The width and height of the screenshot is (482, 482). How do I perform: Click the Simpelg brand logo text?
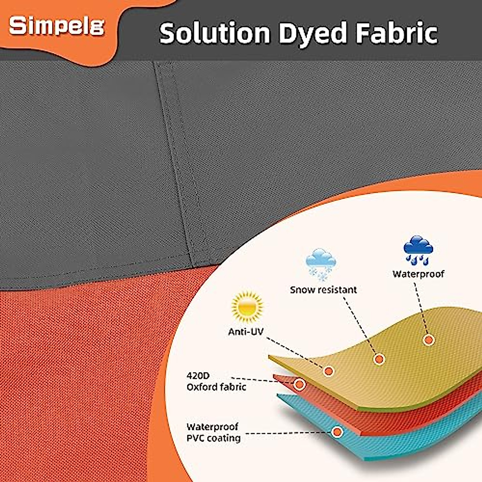(x=57, y=26)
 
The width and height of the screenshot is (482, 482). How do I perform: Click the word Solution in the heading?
(x=215, y=33)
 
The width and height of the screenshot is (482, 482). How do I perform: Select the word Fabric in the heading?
(x=396, y=33)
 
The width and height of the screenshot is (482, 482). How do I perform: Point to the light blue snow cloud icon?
(x=321, y=264)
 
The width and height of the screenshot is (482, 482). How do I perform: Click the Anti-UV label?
(x=246, y=332)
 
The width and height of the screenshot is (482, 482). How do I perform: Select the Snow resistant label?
(x=323, y=290)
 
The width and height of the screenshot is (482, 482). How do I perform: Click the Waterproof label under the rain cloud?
(x=418, y=274)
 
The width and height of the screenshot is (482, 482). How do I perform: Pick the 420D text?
(x=198, y=376)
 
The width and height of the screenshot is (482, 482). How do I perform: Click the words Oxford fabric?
(x=216, y=387)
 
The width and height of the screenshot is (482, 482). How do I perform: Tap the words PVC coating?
(x=214, y=438)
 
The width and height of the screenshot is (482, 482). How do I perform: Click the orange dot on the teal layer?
(x=337, y=432)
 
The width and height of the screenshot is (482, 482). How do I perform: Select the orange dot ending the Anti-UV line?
(x=329, y=371)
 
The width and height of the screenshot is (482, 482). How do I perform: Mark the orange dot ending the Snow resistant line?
(x=379, y=359)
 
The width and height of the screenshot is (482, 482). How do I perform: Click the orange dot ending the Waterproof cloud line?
(x=429, y=340)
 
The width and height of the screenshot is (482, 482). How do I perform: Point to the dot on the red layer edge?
(x=299, y=384)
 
